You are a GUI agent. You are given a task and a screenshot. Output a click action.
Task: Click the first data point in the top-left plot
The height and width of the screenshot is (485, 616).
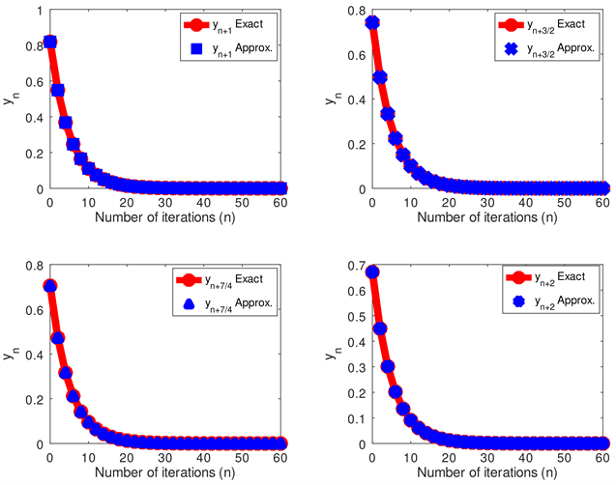(50, 42)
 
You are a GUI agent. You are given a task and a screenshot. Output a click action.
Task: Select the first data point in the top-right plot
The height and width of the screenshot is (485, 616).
(372, 22)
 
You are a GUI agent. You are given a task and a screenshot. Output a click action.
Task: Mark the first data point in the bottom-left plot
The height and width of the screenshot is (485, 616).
(50, 286)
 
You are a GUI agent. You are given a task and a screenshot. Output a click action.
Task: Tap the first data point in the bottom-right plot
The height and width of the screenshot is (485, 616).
(372, 272)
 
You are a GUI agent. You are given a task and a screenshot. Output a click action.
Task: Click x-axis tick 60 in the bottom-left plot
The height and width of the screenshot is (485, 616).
(280, 457)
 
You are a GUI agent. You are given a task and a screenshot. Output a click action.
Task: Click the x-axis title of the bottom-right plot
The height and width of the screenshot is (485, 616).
(487, 474)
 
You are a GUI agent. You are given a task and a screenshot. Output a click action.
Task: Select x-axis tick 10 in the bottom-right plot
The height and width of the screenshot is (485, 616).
(410, 457)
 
